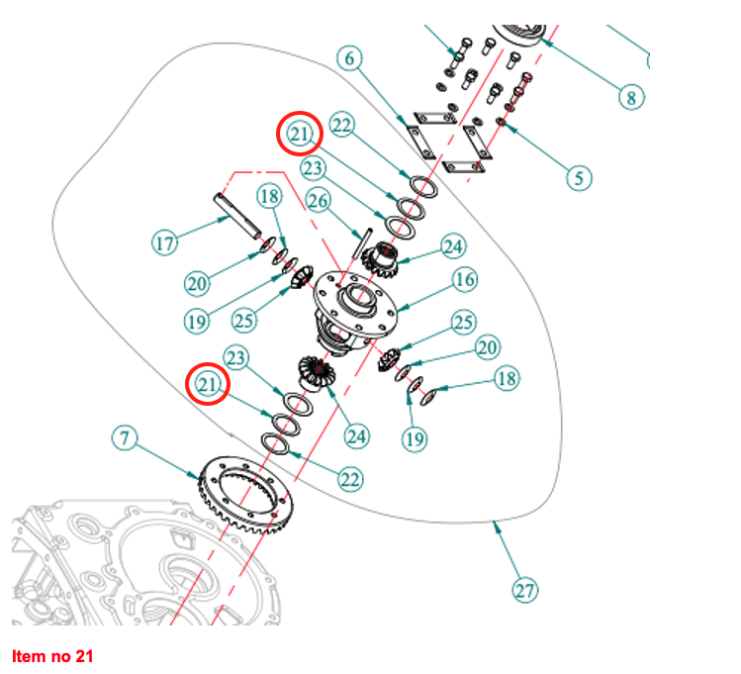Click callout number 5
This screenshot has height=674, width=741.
579,178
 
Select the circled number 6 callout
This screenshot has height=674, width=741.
349,58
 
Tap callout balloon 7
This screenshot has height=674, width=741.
125,437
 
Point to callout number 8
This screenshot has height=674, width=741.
632,97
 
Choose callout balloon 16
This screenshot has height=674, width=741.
465,279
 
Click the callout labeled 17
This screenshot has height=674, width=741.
165,242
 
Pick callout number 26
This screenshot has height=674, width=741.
318,200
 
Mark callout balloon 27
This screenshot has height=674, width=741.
525,590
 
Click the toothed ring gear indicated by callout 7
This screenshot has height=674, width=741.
245,495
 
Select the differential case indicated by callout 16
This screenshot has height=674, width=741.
355,312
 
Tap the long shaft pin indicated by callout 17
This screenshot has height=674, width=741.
237,215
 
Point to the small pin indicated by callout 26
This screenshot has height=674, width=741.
363,242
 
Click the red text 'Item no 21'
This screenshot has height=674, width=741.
52,656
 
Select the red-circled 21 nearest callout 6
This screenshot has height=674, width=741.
300,134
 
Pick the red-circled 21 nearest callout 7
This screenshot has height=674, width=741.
208,384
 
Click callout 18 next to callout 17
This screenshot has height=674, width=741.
270,196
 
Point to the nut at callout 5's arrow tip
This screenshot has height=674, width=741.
501,123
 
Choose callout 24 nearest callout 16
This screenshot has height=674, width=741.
453,246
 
